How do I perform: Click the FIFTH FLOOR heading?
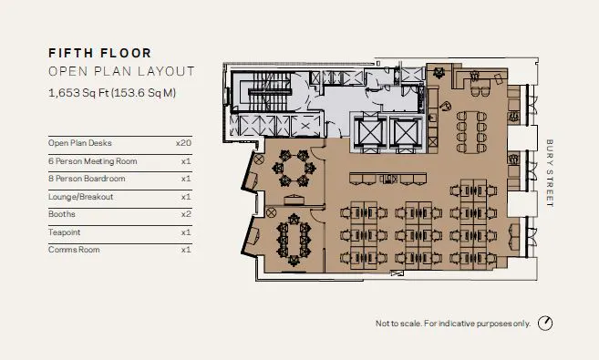[100, 53]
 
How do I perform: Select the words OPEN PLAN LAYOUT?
[121, 71]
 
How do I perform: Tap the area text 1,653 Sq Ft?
[79, 93]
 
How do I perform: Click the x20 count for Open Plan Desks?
[183, 143]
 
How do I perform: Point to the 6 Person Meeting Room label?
[92, 161]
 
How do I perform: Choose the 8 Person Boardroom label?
[87, 179]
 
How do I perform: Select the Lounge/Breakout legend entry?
[80, 197]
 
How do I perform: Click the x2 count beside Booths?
[186, 214]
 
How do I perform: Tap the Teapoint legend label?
[64, 232]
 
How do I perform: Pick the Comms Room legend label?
[74, 250]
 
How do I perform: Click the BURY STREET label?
[550, 173]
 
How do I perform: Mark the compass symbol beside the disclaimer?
[545, 324]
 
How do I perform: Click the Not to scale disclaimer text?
[453, 324]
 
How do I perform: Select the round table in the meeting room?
[294, 168]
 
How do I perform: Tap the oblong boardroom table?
[294, 240]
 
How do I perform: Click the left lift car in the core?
[369, 133]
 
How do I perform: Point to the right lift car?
[407, 133]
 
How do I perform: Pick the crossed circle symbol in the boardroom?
[271, 212]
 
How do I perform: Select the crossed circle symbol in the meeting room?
[259, 159]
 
